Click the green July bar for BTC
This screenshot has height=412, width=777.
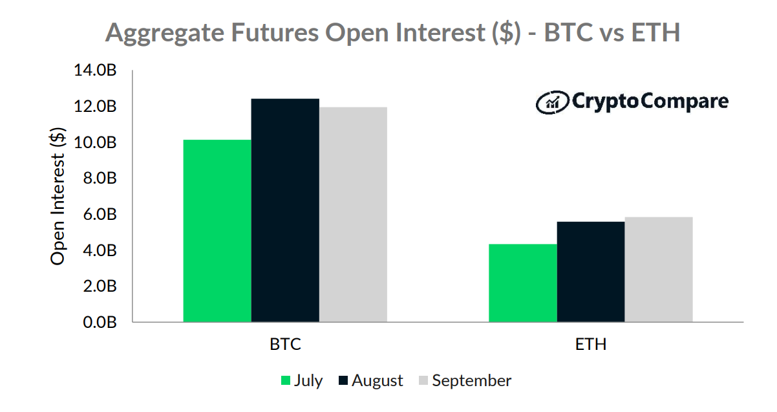[217, 231]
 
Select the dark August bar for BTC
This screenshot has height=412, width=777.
[285, 210]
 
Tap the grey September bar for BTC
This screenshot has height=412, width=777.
[353, 215]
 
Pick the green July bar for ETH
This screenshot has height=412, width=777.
[523, 283]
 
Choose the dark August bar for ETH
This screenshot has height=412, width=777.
[591, 272]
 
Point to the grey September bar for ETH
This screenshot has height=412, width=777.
[659, 270]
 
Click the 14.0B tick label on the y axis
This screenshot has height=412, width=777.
[95, 70]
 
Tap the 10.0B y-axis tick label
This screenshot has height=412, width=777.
[95, 142]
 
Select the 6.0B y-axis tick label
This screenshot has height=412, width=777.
[100, 215]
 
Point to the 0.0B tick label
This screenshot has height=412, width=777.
[100, 323]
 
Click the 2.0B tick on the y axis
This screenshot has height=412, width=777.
[100, 287]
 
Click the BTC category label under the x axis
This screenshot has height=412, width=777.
[285, 344]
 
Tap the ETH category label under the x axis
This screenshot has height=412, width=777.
[591, 344]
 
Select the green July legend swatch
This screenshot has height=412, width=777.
[286, 380]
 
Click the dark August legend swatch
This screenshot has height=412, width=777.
[343, 380]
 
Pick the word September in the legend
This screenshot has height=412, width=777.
[472, 381]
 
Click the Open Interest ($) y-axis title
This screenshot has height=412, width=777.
[58, 197]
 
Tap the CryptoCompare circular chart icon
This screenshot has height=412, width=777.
[552, 102]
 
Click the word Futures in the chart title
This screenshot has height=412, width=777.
[275, 32]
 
